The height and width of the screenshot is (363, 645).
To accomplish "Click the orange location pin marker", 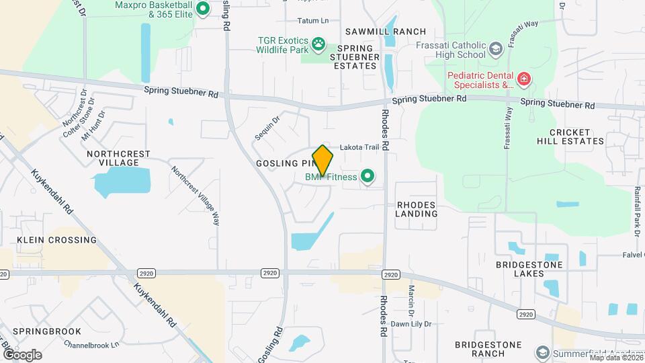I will tap(323, 161).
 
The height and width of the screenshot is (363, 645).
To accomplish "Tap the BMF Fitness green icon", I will tap(367, 177).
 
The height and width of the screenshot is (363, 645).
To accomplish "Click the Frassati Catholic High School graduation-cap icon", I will tap(496, 48).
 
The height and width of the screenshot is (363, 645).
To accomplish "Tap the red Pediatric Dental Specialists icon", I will tap(524, 80).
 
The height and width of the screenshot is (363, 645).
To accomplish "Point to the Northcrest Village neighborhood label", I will tap(118, 159).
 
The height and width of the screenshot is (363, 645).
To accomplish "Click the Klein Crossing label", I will tap(56, 240).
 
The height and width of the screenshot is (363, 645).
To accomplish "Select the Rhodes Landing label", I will tap(417, 209).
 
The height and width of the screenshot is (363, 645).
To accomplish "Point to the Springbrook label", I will tap(47, 331).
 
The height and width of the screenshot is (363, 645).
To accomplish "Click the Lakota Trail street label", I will tap(360, 147).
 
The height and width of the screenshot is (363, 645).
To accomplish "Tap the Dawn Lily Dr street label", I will tap(411, 323).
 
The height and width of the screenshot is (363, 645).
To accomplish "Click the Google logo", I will tap(21, 354).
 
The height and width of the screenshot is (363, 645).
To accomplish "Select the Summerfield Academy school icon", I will tap(542, 353).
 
